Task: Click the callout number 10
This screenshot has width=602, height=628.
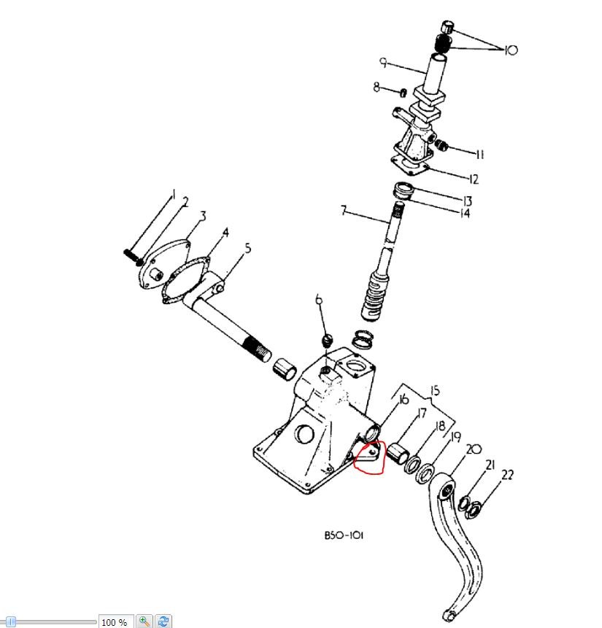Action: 511,50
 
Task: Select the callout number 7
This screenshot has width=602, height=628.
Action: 343,210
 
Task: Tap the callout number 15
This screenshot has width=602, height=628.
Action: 434,390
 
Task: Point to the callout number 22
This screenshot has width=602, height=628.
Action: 507,475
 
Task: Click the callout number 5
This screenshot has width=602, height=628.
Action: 247,248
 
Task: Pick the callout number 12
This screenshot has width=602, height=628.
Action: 474,179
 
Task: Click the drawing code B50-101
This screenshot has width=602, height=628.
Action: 344,535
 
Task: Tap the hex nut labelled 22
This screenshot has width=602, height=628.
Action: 474,509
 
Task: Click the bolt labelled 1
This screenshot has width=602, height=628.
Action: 133,257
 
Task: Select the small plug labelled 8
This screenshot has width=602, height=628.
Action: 404,93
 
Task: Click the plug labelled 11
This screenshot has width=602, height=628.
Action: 441,145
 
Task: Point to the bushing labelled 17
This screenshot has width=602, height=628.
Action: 397,453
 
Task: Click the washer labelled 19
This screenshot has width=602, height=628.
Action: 425,474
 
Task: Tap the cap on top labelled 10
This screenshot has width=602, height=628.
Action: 448,28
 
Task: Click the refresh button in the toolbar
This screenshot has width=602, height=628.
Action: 163,621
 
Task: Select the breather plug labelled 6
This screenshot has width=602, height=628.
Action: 328,341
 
